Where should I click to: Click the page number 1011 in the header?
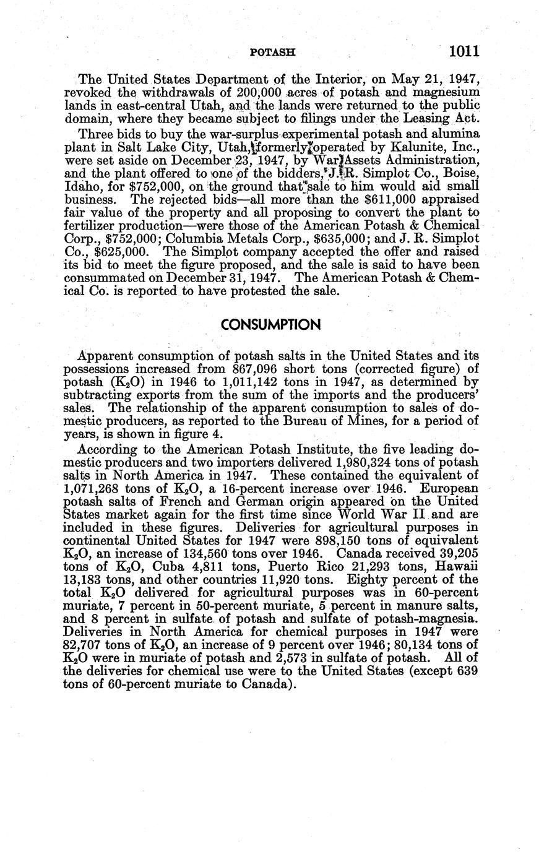pyautogui.click(x=457, y=51)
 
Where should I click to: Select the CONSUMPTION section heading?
pyautogui.click(x=270, y=325)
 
